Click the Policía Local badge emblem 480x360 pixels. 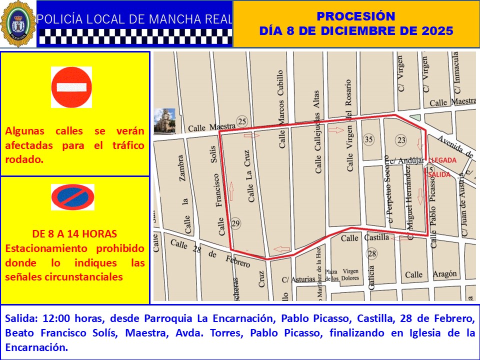pyautogui.click(x=18, y=23)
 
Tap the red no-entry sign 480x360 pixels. pyautogui.click(x=71, y=87)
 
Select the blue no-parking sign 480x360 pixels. pyautogui.click(x=72, y=197)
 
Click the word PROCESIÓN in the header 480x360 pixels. pyautogui.click(x=356, y=16)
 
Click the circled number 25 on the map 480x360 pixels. pyautogui.click(x=242, y=121)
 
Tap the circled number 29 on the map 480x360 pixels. pyautogui.click(x=236, y=223)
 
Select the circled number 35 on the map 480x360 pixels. pyautogui.click(x=369, y=139)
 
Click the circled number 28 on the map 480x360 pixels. pyautogui.click(x=371, y=254)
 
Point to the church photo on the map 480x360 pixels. pyautogui.click(x=164, y=121)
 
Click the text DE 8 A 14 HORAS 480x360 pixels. pyautogui.click(x=74, y=233)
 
